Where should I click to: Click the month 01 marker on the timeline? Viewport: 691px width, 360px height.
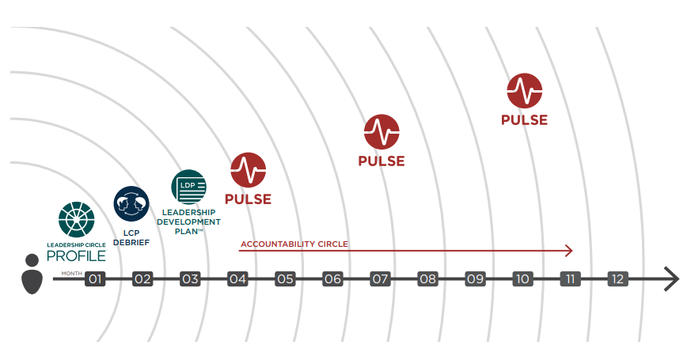[x=95, y=279]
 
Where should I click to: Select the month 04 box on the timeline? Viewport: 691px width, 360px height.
[x=237, y=279]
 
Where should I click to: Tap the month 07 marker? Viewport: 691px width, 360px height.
[x=380, y=279]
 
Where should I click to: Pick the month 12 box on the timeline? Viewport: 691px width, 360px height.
[x=617, y=279]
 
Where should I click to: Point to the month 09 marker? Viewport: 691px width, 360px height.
[x=475, y=279]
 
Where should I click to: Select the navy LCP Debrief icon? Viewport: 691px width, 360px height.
[x=131, y=203]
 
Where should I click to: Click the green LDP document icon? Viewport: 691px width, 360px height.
[x=188, y=187]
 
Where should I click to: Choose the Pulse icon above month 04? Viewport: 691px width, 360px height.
[x=248, y=170]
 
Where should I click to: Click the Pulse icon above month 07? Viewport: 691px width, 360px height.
[x=382, y=132]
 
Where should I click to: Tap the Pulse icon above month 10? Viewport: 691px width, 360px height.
[x=524, y=91]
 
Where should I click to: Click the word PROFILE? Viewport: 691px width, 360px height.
[x=76, y=256]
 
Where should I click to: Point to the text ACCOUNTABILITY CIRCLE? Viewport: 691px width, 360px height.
[x=294, y=244]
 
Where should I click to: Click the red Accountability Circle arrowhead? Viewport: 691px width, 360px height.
[x=568, y=251]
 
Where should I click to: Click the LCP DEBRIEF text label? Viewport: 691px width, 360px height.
[x=131, y=237]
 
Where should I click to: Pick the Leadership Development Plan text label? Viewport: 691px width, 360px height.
[x=188, y=222]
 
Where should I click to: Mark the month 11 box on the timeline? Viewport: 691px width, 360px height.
[x=570, y=279]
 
